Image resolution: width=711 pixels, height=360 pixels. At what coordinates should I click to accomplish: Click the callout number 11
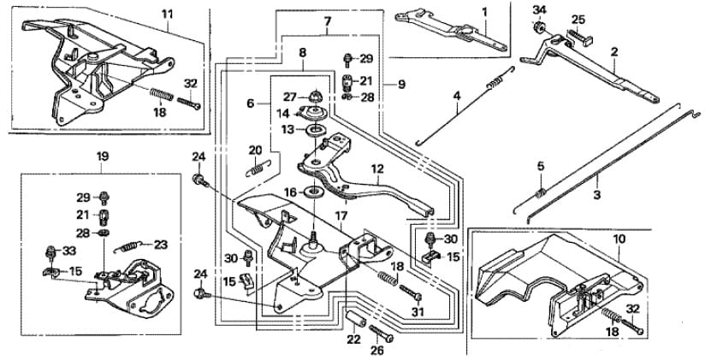tap(166, 14)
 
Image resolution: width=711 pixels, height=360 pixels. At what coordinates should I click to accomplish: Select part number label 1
tap(483, 12)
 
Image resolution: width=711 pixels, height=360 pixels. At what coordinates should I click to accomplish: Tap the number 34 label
tap(538, 9)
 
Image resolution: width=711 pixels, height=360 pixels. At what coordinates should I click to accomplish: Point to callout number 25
tap(578, 19)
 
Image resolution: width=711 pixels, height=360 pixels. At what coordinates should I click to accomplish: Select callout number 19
tap(102, 156)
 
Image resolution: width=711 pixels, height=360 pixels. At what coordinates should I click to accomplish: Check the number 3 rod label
tap(596, 195)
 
